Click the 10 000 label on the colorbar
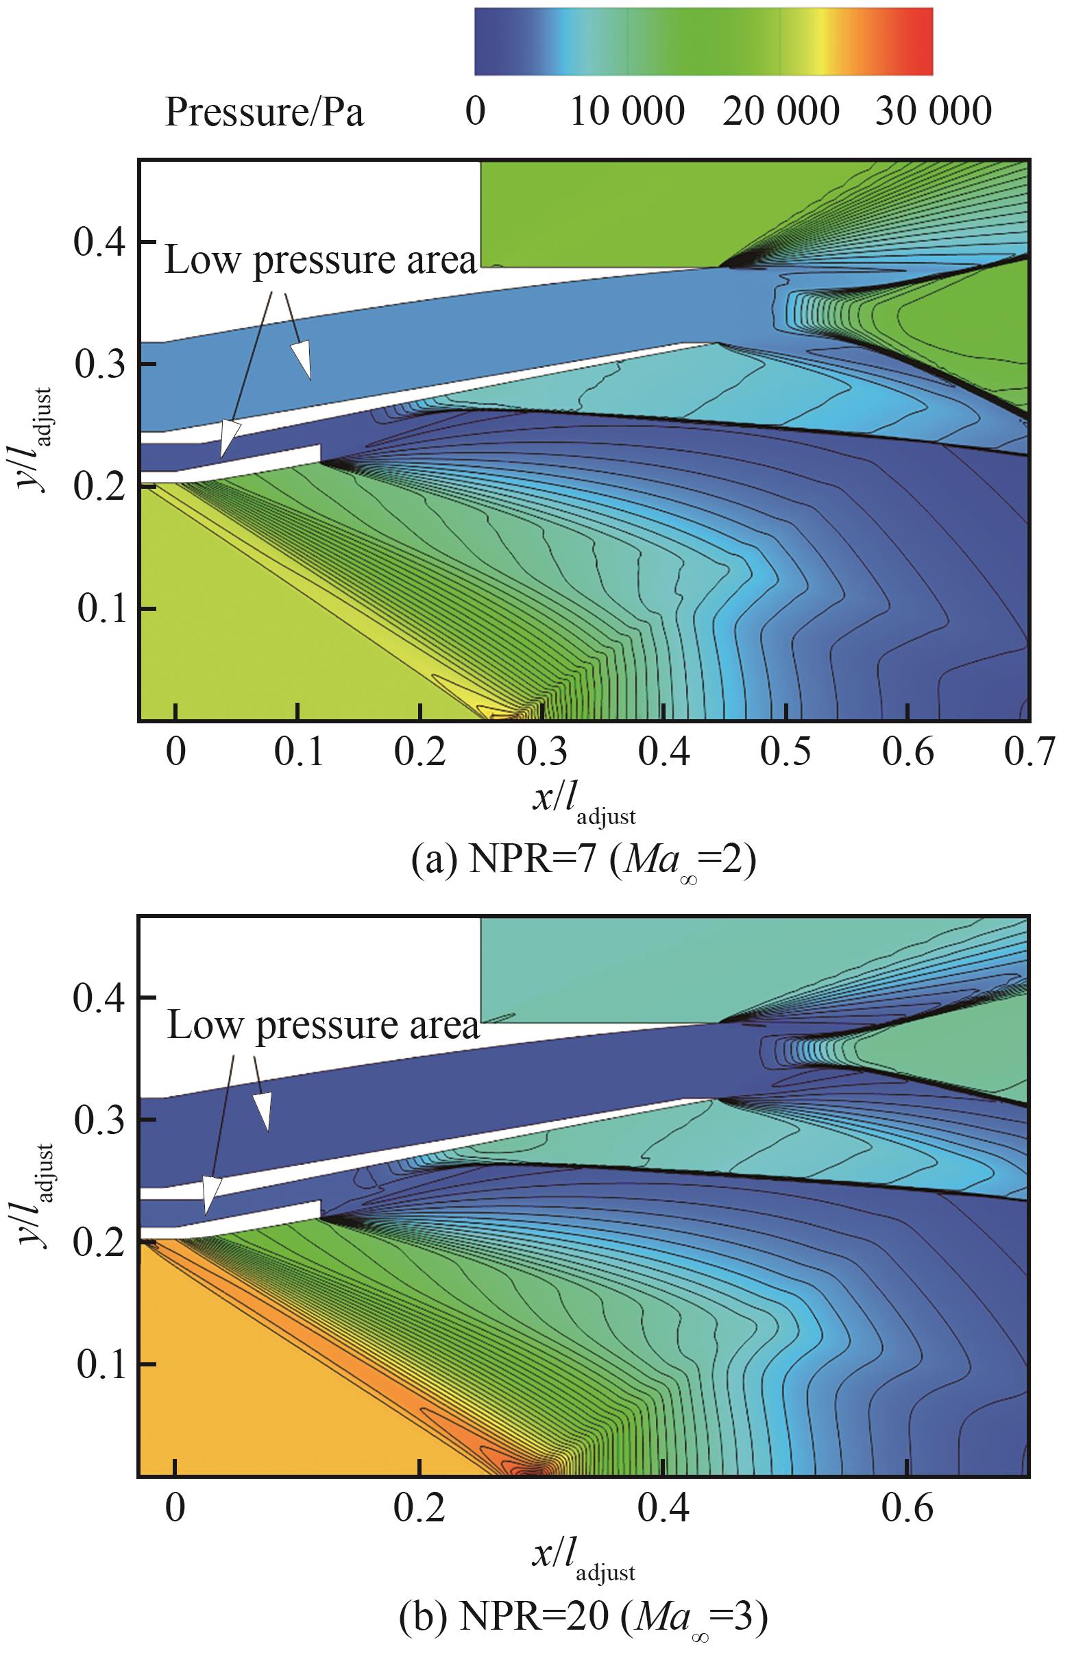click(x=627, y=112)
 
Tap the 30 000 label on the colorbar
click(x=932, y=112)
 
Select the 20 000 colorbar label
click(x=781, y=112)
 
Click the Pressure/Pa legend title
click(x=264, y=112)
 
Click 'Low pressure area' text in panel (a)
click(x=321, y=261)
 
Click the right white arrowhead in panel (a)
click(x=302, y=360)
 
